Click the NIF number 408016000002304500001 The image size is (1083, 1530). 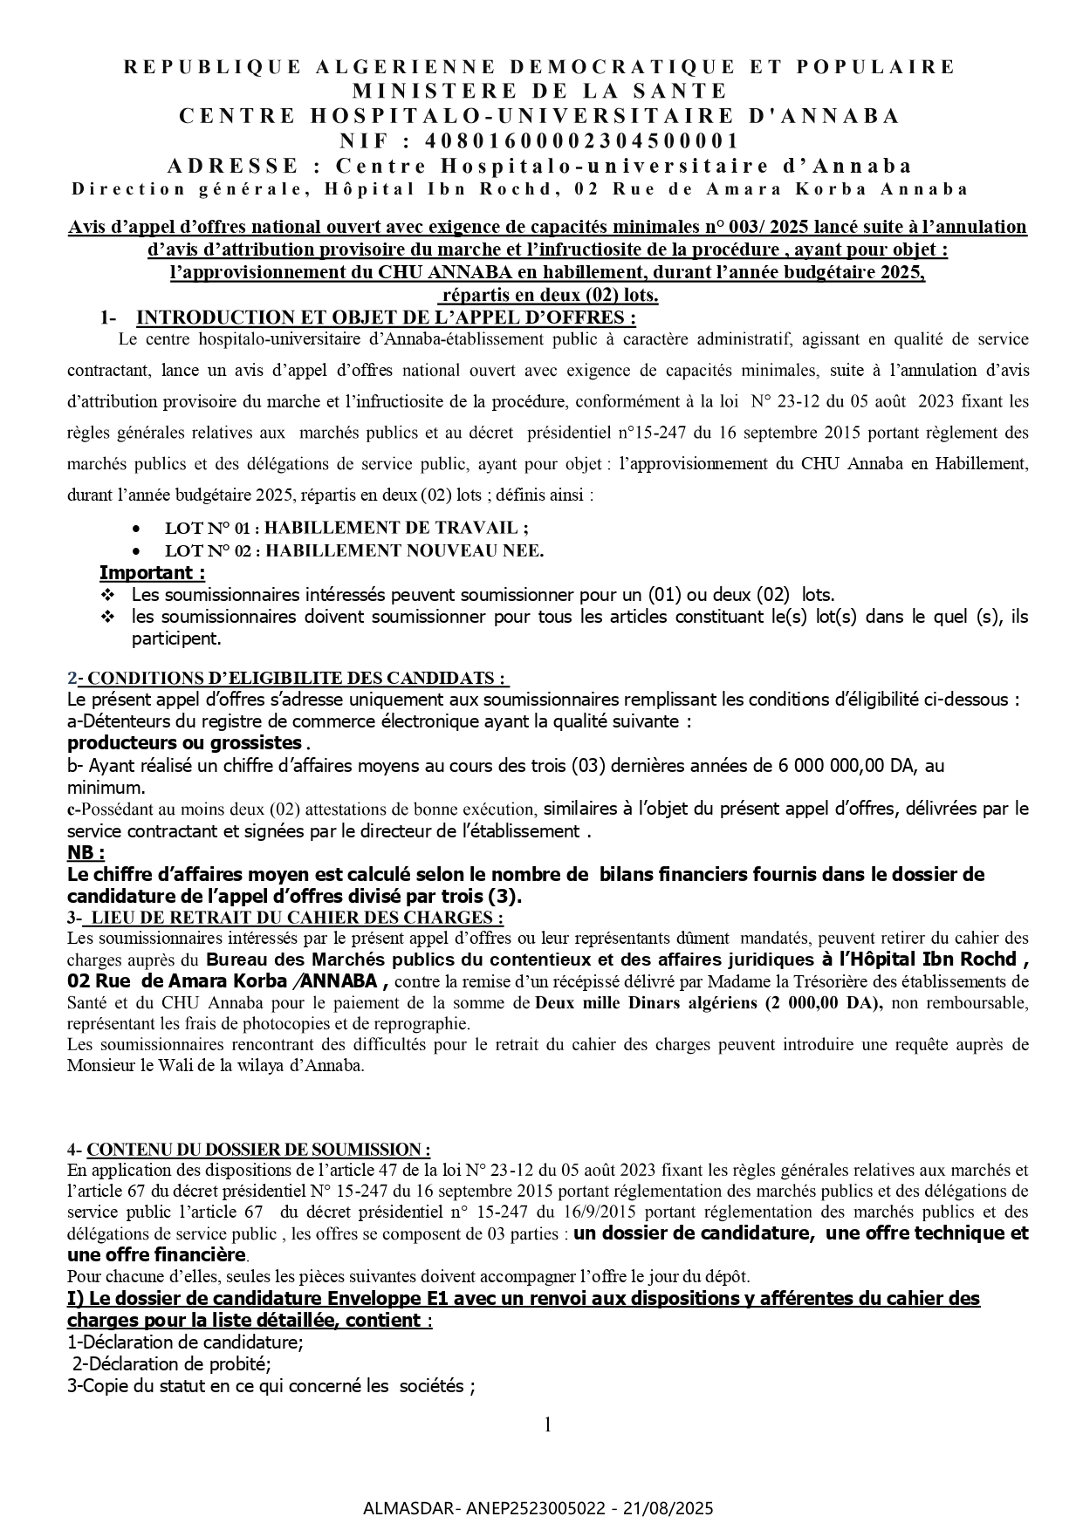582,140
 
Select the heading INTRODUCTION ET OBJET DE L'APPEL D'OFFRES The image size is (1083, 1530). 387,317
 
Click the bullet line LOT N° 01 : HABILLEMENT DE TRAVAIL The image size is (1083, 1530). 346,528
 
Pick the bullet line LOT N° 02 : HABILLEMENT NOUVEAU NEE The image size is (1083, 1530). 354,550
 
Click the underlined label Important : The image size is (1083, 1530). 153,573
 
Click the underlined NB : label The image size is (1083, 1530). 86,852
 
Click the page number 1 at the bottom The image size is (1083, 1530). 547,1425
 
